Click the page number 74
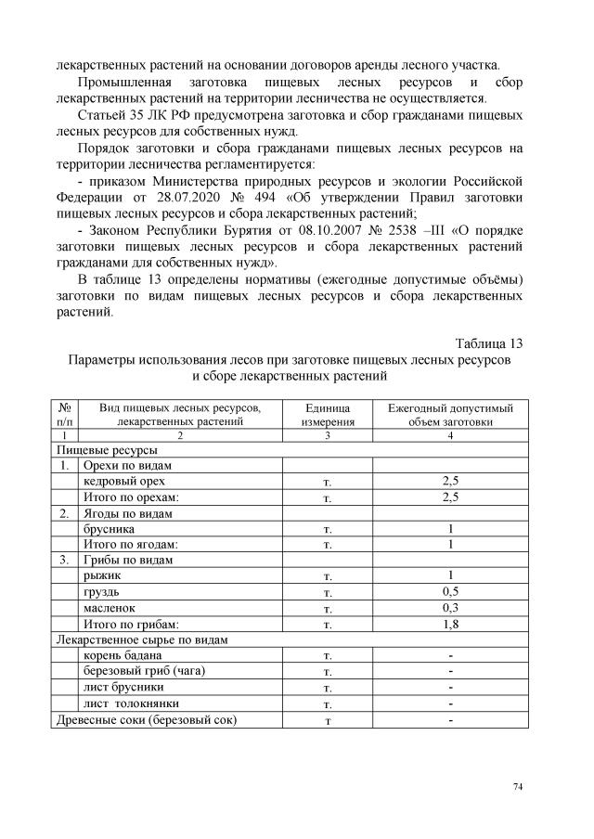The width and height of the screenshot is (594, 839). click(x=518, y=787)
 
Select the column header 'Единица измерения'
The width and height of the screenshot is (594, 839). click(x=327, y=414)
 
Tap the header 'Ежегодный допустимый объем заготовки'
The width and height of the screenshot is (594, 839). click(x=450, y=414)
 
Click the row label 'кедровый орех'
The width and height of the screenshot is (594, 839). click(x=118, y=481)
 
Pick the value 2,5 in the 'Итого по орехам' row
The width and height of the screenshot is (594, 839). click(x=450, y=497)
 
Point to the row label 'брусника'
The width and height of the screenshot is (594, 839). click(x=109, y=527)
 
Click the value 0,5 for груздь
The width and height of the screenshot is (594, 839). click(x=450, y=591)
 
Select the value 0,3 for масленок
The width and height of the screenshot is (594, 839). click(x=450, y=607)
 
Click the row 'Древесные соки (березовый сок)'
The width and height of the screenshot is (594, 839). click(x=147, y=719)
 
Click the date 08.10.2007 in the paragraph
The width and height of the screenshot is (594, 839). click(x=329, y=229)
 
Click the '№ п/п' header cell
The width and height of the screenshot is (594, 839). click(x=64, y=414)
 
